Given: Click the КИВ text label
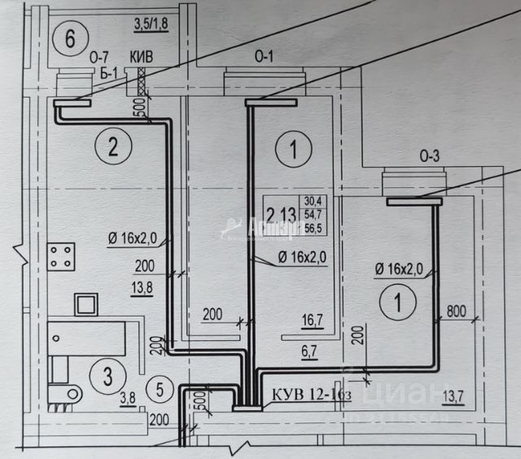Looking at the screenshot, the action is [142, 58].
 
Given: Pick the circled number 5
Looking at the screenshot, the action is [163, 390].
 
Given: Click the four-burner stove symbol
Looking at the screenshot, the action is [61, 258].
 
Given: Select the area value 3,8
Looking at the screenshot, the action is [128, 399].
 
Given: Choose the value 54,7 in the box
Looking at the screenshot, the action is [313, 215].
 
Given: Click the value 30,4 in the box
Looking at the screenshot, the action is [313, 201].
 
